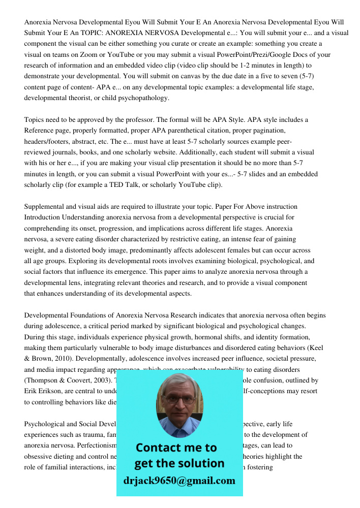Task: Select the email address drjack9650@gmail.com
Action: tap(179, 481)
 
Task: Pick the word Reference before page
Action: tap(40, 131)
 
